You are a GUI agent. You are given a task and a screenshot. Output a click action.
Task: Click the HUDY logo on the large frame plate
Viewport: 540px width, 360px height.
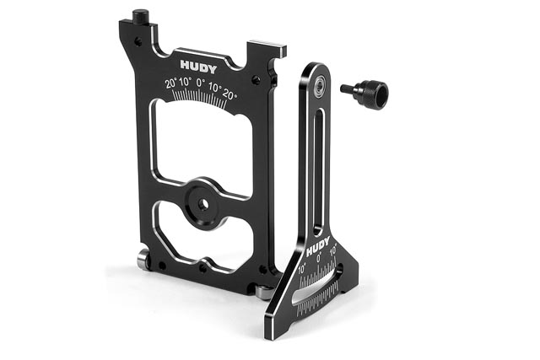[199, 67]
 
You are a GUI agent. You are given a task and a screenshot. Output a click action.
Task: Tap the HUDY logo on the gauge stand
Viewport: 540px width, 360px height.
[318, 247]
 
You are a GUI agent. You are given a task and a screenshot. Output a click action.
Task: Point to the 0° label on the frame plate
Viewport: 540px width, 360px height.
[201, 83]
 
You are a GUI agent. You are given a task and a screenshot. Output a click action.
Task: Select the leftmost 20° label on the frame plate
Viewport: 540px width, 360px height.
[170, 83]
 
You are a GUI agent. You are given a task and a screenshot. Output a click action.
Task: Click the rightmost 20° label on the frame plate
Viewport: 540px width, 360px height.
[229, 94]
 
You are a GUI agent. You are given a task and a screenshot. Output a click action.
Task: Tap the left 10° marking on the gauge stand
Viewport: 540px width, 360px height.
[302, 268]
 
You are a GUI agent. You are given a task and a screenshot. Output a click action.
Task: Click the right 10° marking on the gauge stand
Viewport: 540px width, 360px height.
[333, 250]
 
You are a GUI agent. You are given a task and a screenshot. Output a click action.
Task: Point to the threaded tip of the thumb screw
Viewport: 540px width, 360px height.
[347, 89]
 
